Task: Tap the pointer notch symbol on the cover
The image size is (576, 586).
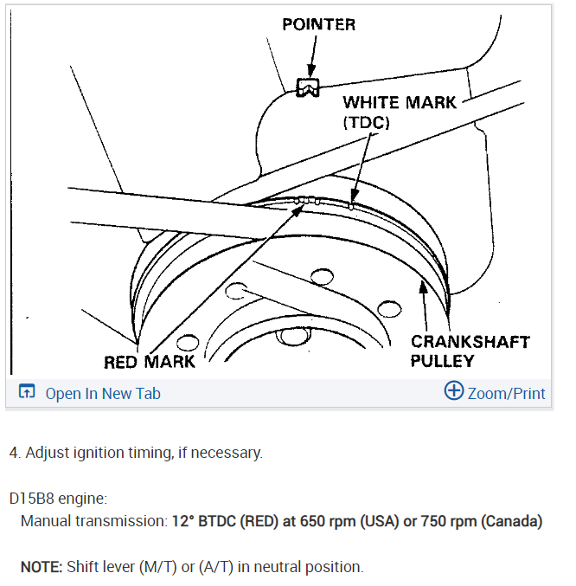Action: point(307,87)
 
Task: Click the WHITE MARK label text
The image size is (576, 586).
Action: point(400,103)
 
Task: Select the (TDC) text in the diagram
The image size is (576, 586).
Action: point(366,123)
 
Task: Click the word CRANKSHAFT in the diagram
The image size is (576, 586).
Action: point(469,341)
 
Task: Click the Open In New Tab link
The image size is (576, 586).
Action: point(103,393)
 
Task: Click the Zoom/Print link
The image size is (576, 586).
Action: point(506,393)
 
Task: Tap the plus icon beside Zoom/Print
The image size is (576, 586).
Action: point(453,391)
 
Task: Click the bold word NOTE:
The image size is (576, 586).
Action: point(41,567)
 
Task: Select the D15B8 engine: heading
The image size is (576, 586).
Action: point(58,499)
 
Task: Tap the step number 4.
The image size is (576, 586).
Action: point(13,453)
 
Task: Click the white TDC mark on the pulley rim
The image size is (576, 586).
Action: point(351,206)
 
